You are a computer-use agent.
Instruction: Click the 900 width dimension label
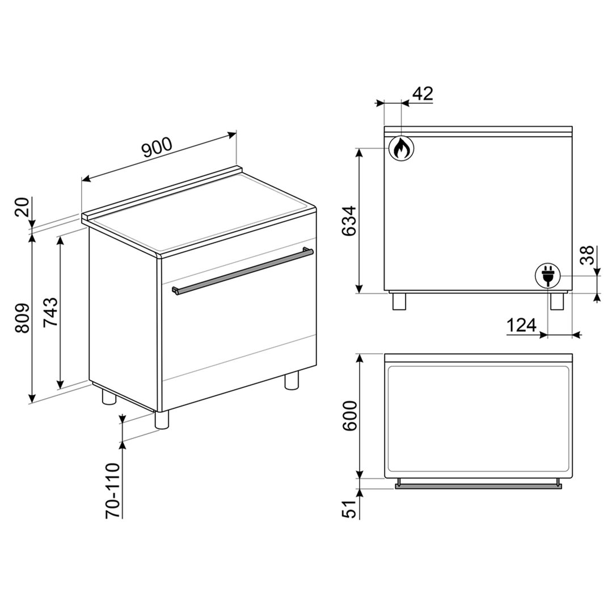157,147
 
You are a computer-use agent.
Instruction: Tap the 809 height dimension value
23,318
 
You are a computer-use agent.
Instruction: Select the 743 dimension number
50,313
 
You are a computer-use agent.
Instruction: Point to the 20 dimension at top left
23,207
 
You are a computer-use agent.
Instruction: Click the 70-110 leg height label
113,490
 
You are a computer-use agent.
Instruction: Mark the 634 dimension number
349,221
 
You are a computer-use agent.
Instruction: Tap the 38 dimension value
587,255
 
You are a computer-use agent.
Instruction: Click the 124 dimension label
522,325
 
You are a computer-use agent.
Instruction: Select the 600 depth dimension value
350,416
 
